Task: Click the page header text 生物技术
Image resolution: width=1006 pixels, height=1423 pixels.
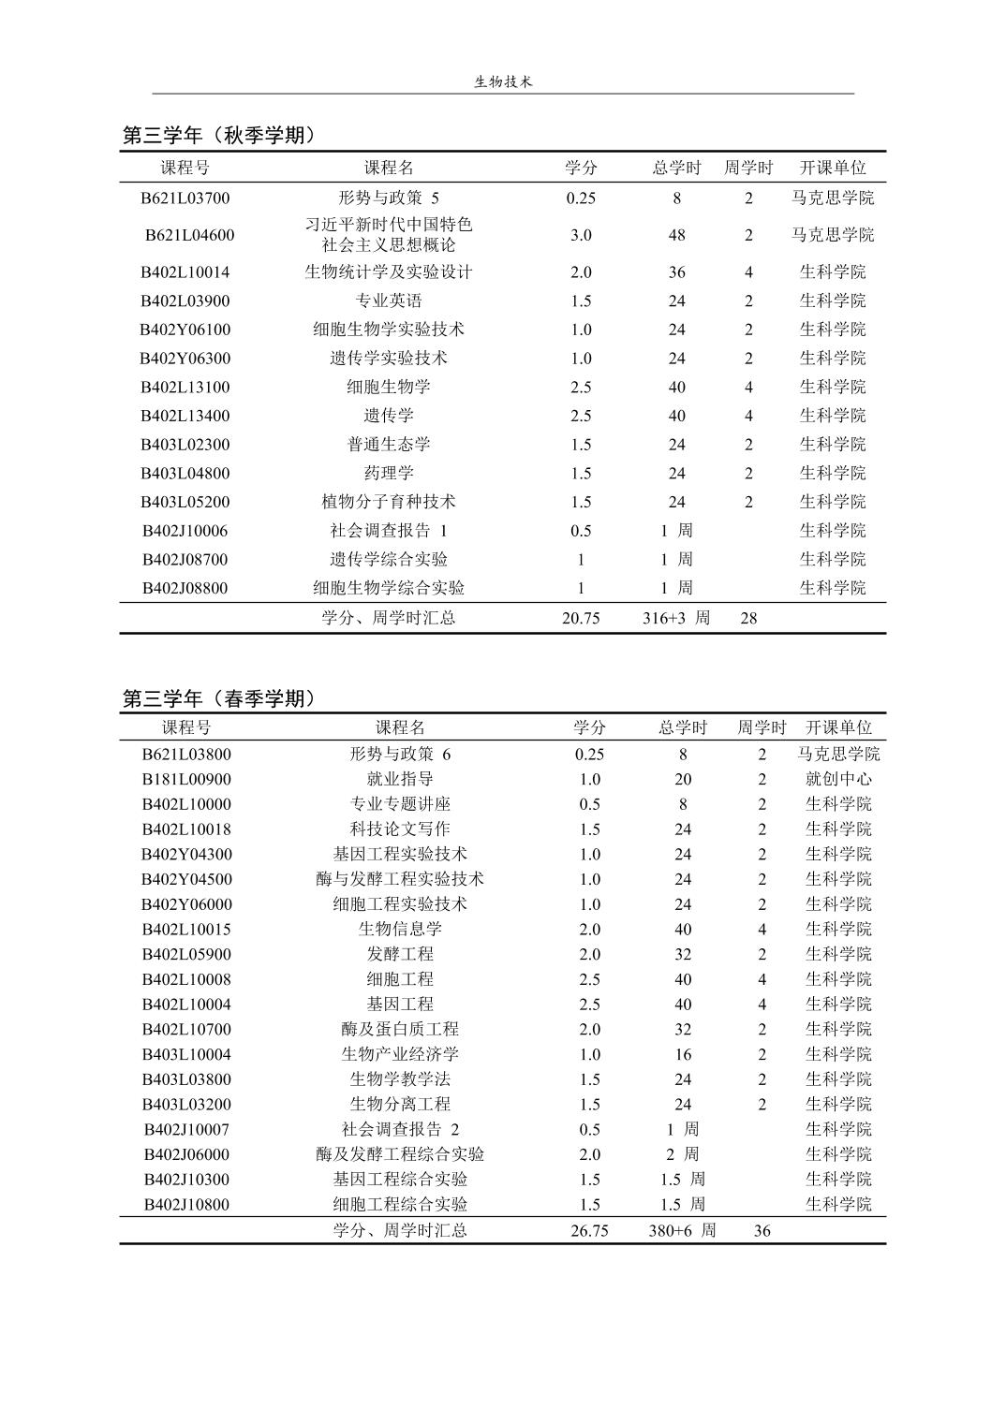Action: point(503,81)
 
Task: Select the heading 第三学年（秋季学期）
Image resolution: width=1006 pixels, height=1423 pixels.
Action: point(220,136)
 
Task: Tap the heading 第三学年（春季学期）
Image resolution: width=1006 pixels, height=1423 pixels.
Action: point(220,698)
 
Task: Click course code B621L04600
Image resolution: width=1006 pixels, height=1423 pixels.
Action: point(189,235)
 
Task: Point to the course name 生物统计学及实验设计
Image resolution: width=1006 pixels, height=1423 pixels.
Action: point(389,272)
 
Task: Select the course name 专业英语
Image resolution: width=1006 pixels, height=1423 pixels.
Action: point(389,301)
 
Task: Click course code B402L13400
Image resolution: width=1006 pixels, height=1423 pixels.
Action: point(185,416)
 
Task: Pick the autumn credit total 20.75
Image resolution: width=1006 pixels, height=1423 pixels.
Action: point(581,618)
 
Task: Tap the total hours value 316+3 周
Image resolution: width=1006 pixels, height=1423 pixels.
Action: point(676,618)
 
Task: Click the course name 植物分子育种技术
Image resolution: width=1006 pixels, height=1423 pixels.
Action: point(389,502)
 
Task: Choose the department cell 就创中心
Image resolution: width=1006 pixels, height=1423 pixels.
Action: point(838,779)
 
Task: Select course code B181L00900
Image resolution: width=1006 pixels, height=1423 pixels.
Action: point(186,779)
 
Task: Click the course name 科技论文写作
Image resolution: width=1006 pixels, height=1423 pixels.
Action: point(400,829)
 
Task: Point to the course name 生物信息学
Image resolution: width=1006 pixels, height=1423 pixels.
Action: point(400,930)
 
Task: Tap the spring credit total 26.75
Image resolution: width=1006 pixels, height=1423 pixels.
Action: point(589,1230)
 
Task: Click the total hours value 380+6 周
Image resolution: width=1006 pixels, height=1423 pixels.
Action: point(682,1230)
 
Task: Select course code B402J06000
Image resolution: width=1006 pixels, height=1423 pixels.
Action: point(186,1154)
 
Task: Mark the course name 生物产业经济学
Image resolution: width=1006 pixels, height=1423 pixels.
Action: point(400,1054)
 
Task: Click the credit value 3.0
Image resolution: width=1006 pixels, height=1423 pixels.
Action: point(581,235)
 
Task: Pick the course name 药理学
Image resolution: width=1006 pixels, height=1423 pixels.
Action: point(389,474)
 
